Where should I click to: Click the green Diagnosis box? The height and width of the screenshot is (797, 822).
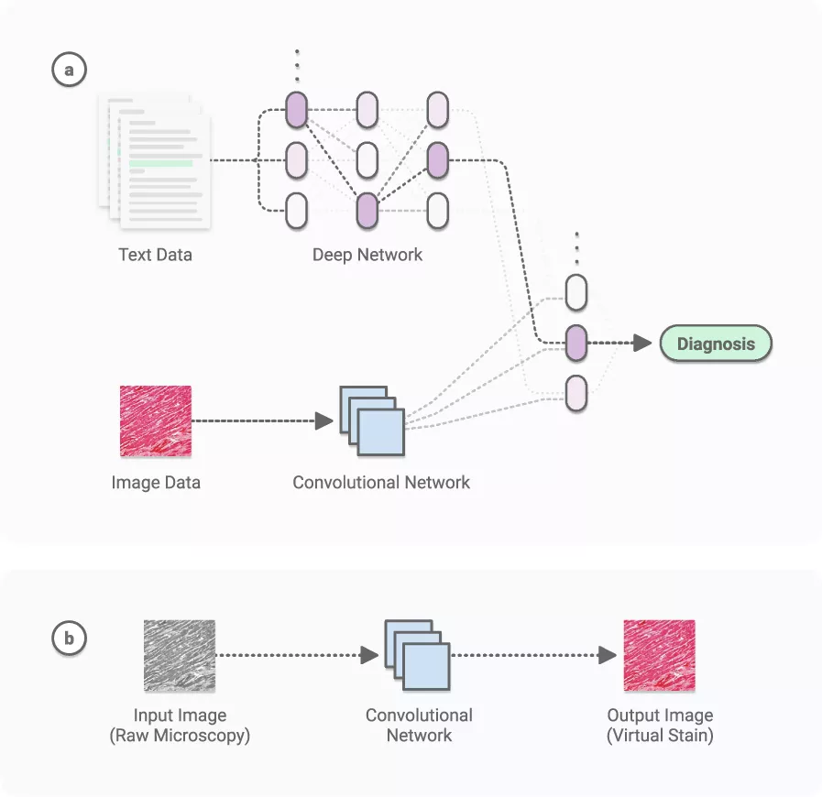(x=716, y=344)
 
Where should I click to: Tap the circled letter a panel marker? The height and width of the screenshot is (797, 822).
(x=69, y=70)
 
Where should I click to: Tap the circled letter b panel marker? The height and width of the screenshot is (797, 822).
(x=69, y=639)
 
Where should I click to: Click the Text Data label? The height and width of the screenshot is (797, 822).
(x=155, y=255)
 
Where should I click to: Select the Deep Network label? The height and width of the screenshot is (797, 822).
(x=367, y=255)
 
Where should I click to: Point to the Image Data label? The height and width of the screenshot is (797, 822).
(x=155, y=482)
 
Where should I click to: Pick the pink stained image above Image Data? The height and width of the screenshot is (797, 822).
(x=156, y=421)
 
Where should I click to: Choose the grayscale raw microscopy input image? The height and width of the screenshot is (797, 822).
(x=179, y=655)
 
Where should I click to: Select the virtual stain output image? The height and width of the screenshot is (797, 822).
(x=659, y=655)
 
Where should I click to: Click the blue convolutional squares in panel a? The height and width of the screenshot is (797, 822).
(x=372, y=421)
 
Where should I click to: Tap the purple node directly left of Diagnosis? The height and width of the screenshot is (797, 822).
(x=575, y=344)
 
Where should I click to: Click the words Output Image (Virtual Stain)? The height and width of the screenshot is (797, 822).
(x=660, y=725)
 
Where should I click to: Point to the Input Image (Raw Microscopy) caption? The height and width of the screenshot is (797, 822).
(x=180, y=725)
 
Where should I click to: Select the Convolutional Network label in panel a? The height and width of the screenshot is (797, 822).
(x=381, y=482)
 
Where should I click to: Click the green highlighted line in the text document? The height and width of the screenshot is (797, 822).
(x=161, y=164)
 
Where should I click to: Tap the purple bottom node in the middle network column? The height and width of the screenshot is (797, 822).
(x=367, y=211)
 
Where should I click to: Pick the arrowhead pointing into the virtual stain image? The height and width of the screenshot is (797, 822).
(x=607, y=655)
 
